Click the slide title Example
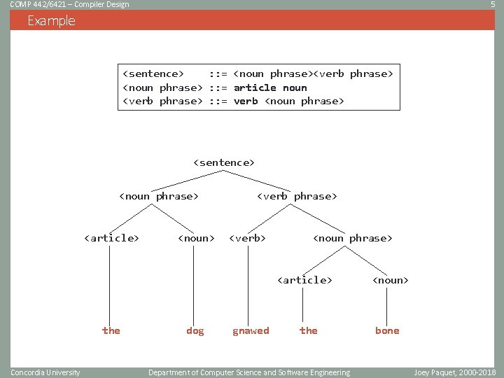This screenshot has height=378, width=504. point(51,21)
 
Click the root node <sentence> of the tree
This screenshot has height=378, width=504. point(224,162)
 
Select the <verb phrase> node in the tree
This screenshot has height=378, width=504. point(297,196)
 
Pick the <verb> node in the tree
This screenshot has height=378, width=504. point(248,238)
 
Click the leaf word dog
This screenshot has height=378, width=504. point(195,330)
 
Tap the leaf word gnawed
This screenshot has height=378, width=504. point(251,330)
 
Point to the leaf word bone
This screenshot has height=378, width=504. point(387,330)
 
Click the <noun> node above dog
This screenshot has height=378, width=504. point(196,238)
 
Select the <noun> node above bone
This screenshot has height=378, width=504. point(390,280)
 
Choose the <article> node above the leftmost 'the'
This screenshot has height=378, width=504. point(111,238)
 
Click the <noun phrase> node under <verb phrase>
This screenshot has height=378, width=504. point(353,238)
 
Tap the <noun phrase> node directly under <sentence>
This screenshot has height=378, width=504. point(160,196)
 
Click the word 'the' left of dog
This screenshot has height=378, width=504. point(111,330)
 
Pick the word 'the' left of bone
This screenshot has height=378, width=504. point(309,330)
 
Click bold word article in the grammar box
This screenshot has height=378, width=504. point(255,87)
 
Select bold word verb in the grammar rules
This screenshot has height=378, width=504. point(246,101)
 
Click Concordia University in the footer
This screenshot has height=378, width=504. point(45,372)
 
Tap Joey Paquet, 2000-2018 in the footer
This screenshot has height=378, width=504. point(454,372)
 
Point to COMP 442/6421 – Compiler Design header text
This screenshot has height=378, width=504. point(69,5)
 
